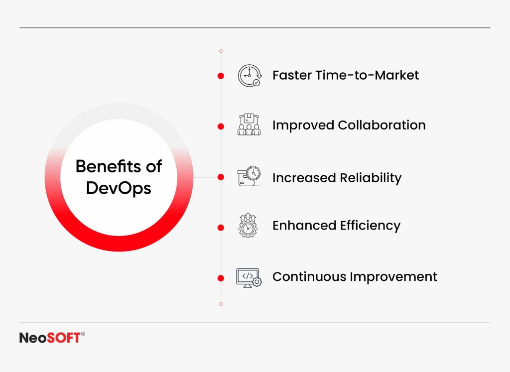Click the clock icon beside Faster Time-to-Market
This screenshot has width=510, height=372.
(249, 76)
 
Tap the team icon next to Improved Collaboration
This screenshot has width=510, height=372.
(249, 125)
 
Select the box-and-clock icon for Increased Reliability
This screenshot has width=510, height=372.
(249, 177)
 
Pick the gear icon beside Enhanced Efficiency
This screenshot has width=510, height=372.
(249, 226)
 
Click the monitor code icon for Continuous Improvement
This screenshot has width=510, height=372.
(249, 277)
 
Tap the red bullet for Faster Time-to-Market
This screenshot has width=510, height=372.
(221, 76)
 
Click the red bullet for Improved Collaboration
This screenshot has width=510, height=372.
(221, 126)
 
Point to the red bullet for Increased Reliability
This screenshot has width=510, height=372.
(221, 177)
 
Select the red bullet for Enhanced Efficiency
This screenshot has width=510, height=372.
(221, 228)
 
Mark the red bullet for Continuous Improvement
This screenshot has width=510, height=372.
(221, 278)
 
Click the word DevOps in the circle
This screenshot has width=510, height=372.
(119, 188)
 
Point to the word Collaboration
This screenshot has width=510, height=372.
(382, 125)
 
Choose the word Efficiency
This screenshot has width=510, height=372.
(370, 226)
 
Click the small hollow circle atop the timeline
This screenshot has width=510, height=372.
(221, 51)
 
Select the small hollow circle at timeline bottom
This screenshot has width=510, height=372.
(221, 303)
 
